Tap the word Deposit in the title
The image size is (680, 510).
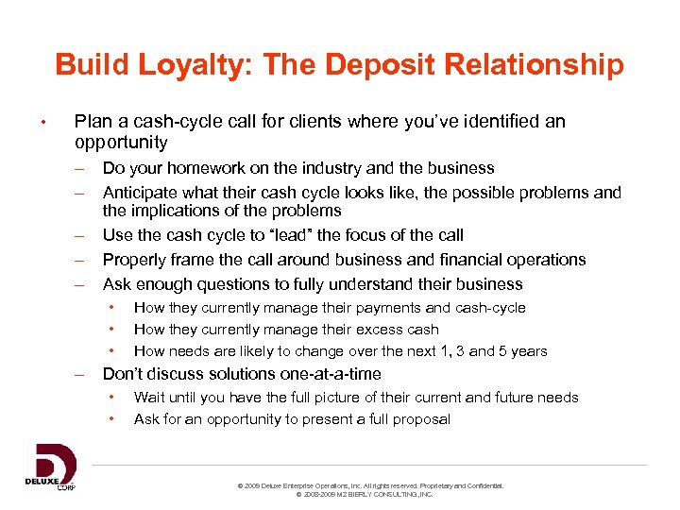(x=366, y=64)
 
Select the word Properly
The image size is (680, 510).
(x=135, y=260)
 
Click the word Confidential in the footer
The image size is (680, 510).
(x=483, y=485)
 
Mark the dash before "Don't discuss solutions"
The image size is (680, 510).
(x=81, y=374)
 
